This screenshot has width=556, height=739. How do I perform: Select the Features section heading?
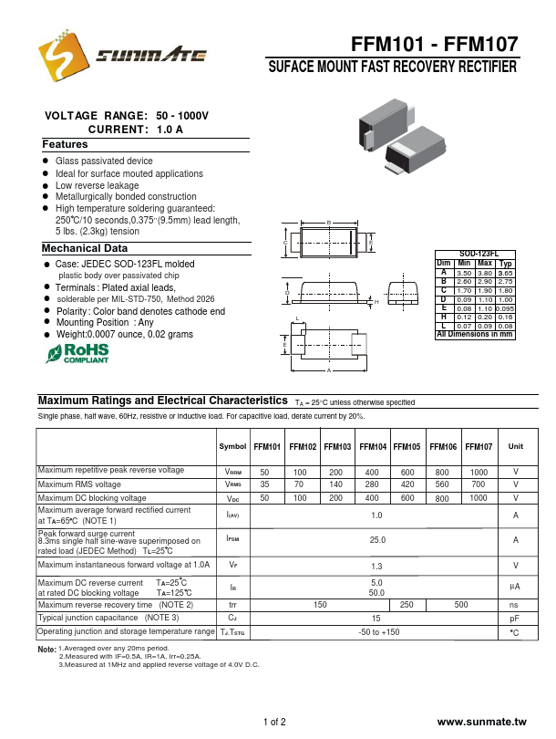pos(65,145)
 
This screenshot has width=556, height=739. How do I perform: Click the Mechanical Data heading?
pos(85,248)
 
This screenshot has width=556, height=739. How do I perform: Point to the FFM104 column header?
pos(373,447)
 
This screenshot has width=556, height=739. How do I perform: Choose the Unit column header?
pos(515,447)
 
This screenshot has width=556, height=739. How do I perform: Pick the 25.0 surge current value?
pos(376,540)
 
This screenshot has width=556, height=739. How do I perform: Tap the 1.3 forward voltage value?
pos(376,566)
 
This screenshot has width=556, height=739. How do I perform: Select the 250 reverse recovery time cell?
pos(407,605)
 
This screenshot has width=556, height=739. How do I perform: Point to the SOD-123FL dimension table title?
pos(474,255)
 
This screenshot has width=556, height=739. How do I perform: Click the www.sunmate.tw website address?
pos(481,722)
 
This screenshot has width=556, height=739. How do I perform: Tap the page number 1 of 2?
pos(274,722)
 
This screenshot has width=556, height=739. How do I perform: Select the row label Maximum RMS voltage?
pos(79,484)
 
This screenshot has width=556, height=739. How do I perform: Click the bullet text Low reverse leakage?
pos(98,185)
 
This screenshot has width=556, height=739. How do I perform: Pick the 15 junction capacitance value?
pos(376,619)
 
